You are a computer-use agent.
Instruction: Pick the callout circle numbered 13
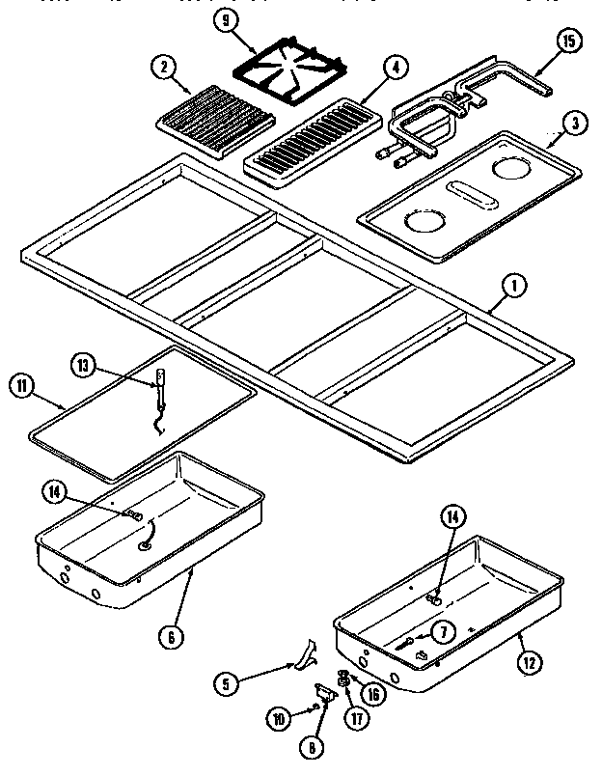click(84, 364)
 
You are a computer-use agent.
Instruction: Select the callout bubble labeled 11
click(21, 387)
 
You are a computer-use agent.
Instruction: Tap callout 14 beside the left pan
click(54, 491)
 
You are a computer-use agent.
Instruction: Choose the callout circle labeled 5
click(227, 684)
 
